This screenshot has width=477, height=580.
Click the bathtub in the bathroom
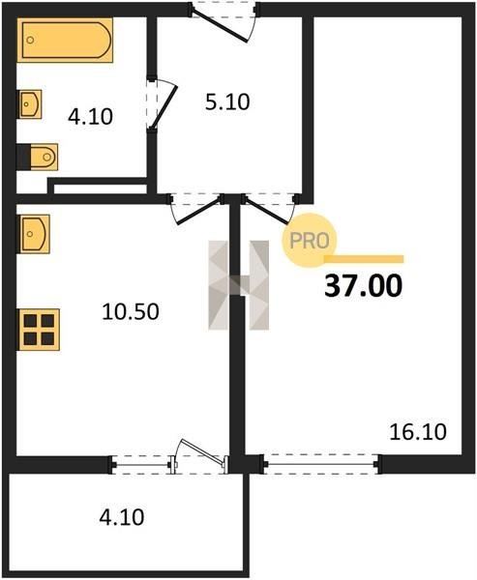[65, 40]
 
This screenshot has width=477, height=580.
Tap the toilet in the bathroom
[38, 157]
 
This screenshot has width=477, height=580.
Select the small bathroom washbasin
[30, 104]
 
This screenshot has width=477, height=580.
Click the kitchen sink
[34, 234]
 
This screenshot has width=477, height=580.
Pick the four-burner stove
[39, 330]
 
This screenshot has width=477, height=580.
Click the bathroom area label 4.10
[90, 117]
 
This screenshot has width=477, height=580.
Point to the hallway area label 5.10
[227, 102]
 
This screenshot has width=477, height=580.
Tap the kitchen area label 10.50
[131, 311]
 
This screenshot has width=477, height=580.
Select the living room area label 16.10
[418, 432]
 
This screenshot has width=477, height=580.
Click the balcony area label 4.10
[122, 517]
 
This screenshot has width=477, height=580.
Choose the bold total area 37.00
[363, 286]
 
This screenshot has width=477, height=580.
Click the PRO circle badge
[310, 241]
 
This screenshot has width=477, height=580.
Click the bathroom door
[162, 104]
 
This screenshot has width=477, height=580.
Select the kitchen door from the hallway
[196, 208]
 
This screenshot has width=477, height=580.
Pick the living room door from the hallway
[269, 208]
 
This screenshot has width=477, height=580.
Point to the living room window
[320, 464]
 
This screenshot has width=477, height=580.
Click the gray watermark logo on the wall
[239, 285]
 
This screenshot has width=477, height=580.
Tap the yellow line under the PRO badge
[364, 259]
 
